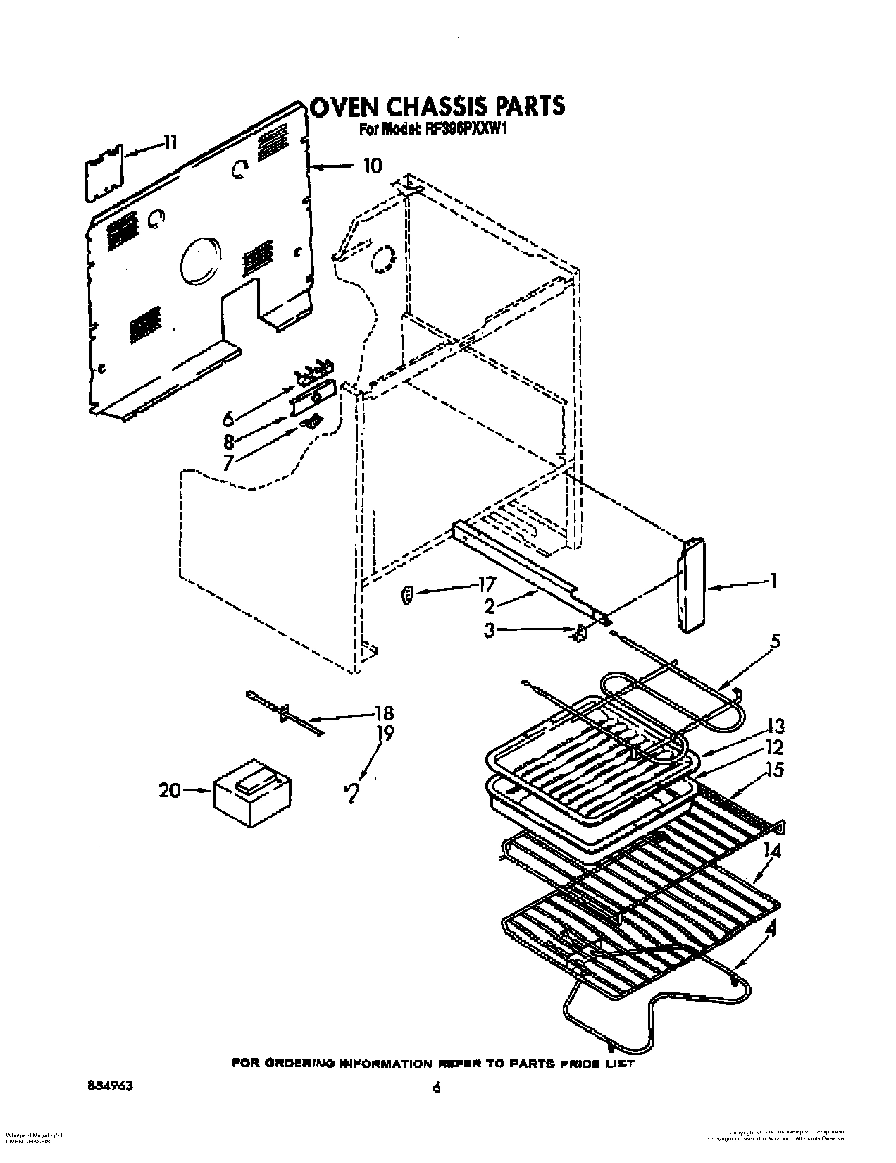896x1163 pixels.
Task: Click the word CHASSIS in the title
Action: (x=433, y=106)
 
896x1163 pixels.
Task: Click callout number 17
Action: (x=486, y=584)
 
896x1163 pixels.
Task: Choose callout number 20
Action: (x=170, y=791)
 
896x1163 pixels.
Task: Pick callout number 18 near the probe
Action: (x=385, y=713)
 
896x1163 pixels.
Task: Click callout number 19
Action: (x=385, y=733)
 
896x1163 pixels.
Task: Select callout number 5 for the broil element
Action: (x=775, y=642)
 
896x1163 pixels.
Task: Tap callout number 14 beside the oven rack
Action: (x=773, y=851)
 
